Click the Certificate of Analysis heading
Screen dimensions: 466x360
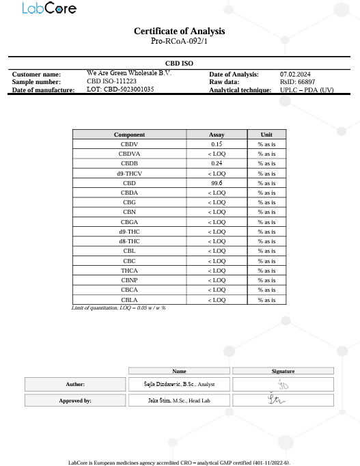pyautogui.click(x=179, y=31)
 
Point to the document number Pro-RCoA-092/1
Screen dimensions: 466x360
pyautogui.click(x=179, y=42)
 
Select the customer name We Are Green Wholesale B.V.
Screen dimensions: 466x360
pyautogui.click(x=129, y=73)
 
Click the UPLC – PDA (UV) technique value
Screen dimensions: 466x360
pyautogui.click(x=307, y=90)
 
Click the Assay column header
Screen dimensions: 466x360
pyautogui.click(x=217, y=135)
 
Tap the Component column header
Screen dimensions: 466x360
pyautogui.click(x=129, y=135)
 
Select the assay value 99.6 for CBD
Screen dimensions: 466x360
pyautogui.click(x=217, y=183)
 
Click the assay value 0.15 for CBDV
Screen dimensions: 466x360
pyautogui.click(x=217, y=144)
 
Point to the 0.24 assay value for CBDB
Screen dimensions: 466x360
pyautogui.click(x=217, y=164)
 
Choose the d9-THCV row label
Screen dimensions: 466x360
pyautogui.click(x=129, y=174)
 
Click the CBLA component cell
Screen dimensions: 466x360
pyautogui.click(x=129, y=300)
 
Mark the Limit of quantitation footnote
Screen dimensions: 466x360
pyautogui.click(x=119, y=308)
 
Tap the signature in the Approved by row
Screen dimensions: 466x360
pyautogui.click(x=282, y=400)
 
